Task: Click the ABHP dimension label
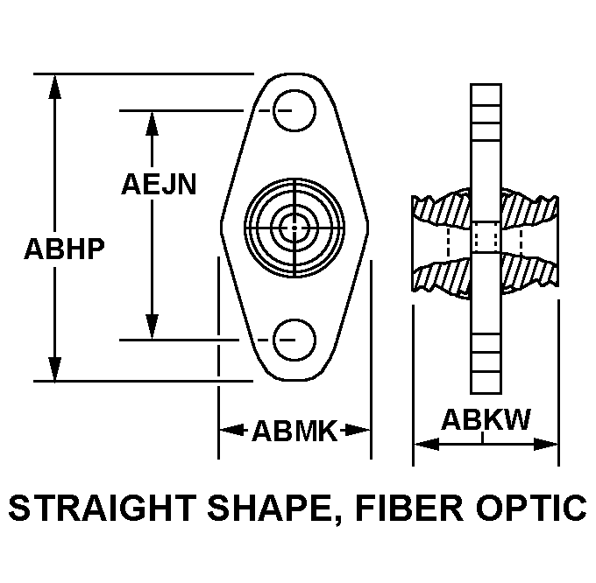(64, 249)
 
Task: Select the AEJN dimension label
(159, 184)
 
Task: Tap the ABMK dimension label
(294, 431)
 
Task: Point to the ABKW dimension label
(486, 419)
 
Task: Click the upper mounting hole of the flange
(294, 110)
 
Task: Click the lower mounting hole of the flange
(294, 340)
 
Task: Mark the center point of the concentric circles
(294, 228)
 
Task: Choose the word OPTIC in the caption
(531, 508)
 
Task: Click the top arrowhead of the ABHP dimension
(54, 87)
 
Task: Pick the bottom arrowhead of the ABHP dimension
(54, 369)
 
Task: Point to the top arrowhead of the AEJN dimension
(152, 123)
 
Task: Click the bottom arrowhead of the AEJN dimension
(152, 327)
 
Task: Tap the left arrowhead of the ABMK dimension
(232, 430)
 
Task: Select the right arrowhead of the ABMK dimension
(358, 430)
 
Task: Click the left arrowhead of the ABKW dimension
(427, 444)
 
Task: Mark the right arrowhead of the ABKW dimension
(545, 444)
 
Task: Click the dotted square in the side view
(486, 237)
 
